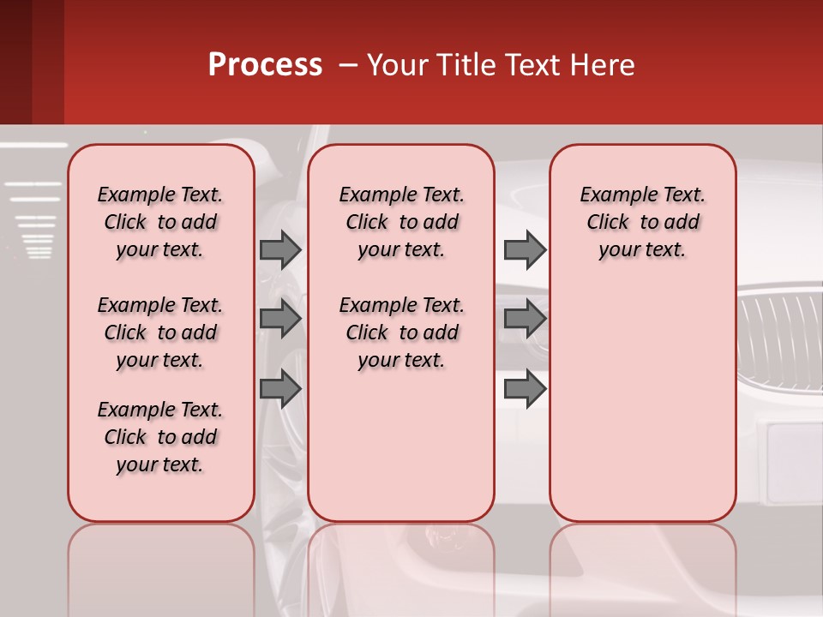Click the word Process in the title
tap(265, 65)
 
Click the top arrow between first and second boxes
tap(280, 249)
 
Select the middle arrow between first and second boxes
tap(280, 319)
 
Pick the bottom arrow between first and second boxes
tap(280, 389)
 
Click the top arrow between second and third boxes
tap(525, 249)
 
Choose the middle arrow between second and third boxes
tap(525, 319)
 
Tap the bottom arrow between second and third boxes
tap(525, 389)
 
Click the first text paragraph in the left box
tap(160, 222)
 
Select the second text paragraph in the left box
tap(160, 332)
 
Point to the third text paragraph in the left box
tap(160, 437)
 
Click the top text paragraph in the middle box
tap(401, 222)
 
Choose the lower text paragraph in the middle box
tap(401, 332)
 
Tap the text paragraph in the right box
tap(642, 222)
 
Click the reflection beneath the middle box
tap(401, 566)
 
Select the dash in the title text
tap(348, 66)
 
